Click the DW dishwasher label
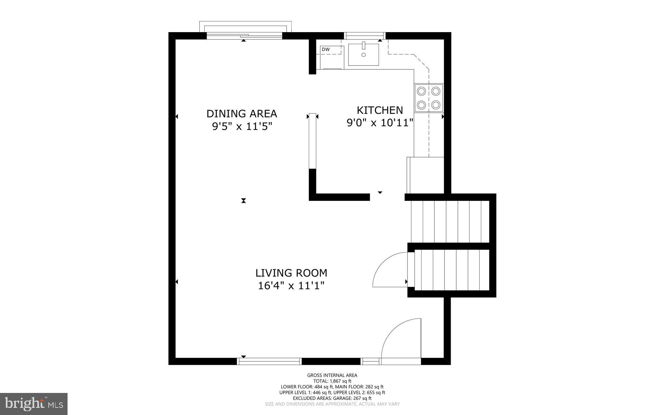click(x=326, y=49)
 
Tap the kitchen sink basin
click(x=364, y=55)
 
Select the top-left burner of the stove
click(x=421, y=91)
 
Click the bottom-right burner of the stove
click(x=436, y=105)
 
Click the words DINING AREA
click(x=242, y=114)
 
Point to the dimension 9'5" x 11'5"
click(x=242, y=126)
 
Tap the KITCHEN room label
click(x=380, y=110)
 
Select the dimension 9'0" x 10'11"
click(x=380, y=123)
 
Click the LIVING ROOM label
click(x=291, y=273)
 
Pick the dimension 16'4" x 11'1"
click(x=291, y=286)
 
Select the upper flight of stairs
click(x=450, y=221)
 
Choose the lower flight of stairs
click(x=452, y=270)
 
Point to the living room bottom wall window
click(x=269, y=361)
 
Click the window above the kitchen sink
click(x=364, y=35)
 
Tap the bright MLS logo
click(x=34, y=404)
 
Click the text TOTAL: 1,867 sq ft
click(x=332, y=381)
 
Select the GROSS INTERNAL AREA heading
click(x=332, y=375)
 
